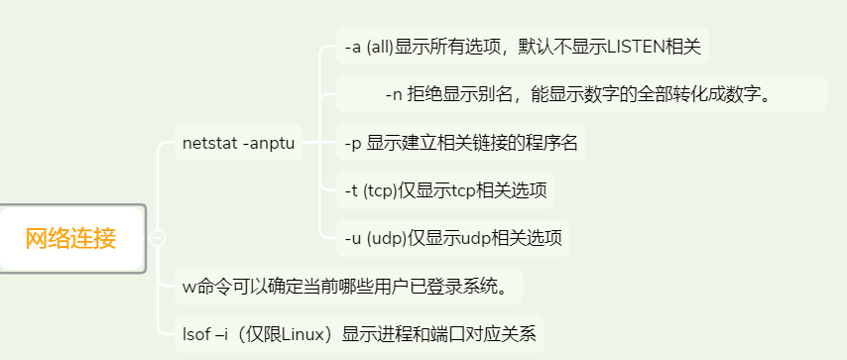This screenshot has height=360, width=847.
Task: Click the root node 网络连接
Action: (x=71, y=238)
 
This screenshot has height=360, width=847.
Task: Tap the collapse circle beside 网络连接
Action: (x=158, y=238)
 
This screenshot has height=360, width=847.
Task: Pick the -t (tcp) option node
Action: (x=445, y=190)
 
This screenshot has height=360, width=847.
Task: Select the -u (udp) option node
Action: (x=452, y=238)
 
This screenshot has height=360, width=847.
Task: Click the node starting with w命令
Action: (x=347, y=287)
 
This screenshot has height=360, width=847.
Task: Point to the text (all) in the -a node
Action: (x=380, y=46)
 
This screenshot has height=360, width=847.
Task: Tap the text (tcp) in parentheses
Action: (x=381, y=190)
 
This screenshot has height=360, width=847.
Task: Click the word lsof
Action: (x=196, y=333)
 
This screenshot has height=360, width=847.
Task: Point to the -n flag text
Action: (x=394, y=94)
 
